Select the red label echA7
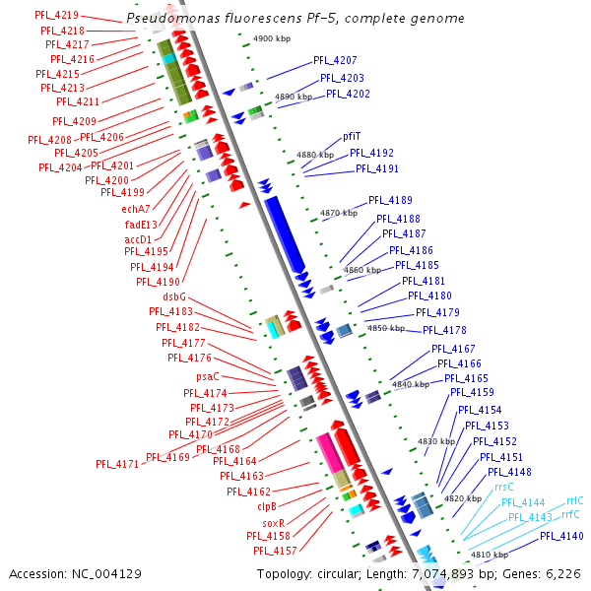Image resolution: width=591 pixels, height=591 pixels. (x=136, y=208)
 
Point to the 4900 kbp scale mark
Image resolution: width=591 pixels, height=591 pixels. (x=272, y=38)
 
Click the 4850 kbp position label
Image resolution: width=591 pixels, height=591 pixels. (x=385, y=328)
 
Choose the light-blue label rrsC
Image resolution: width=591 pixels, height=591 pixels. (x=503, y=487)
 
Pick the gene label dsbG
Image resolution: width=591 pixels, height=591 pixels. (x=173, y=296)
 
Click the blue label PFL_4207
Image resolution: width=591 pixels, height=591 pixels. (x=336, y=61)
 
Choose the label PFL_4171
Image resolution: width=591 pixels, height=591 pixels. (x=117, y=463)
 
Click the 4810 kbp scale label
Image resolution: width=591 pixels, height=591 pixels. (x=489, y=555)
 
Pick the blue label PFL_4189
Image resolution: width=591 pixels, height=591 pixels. (x=391, y=201)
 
